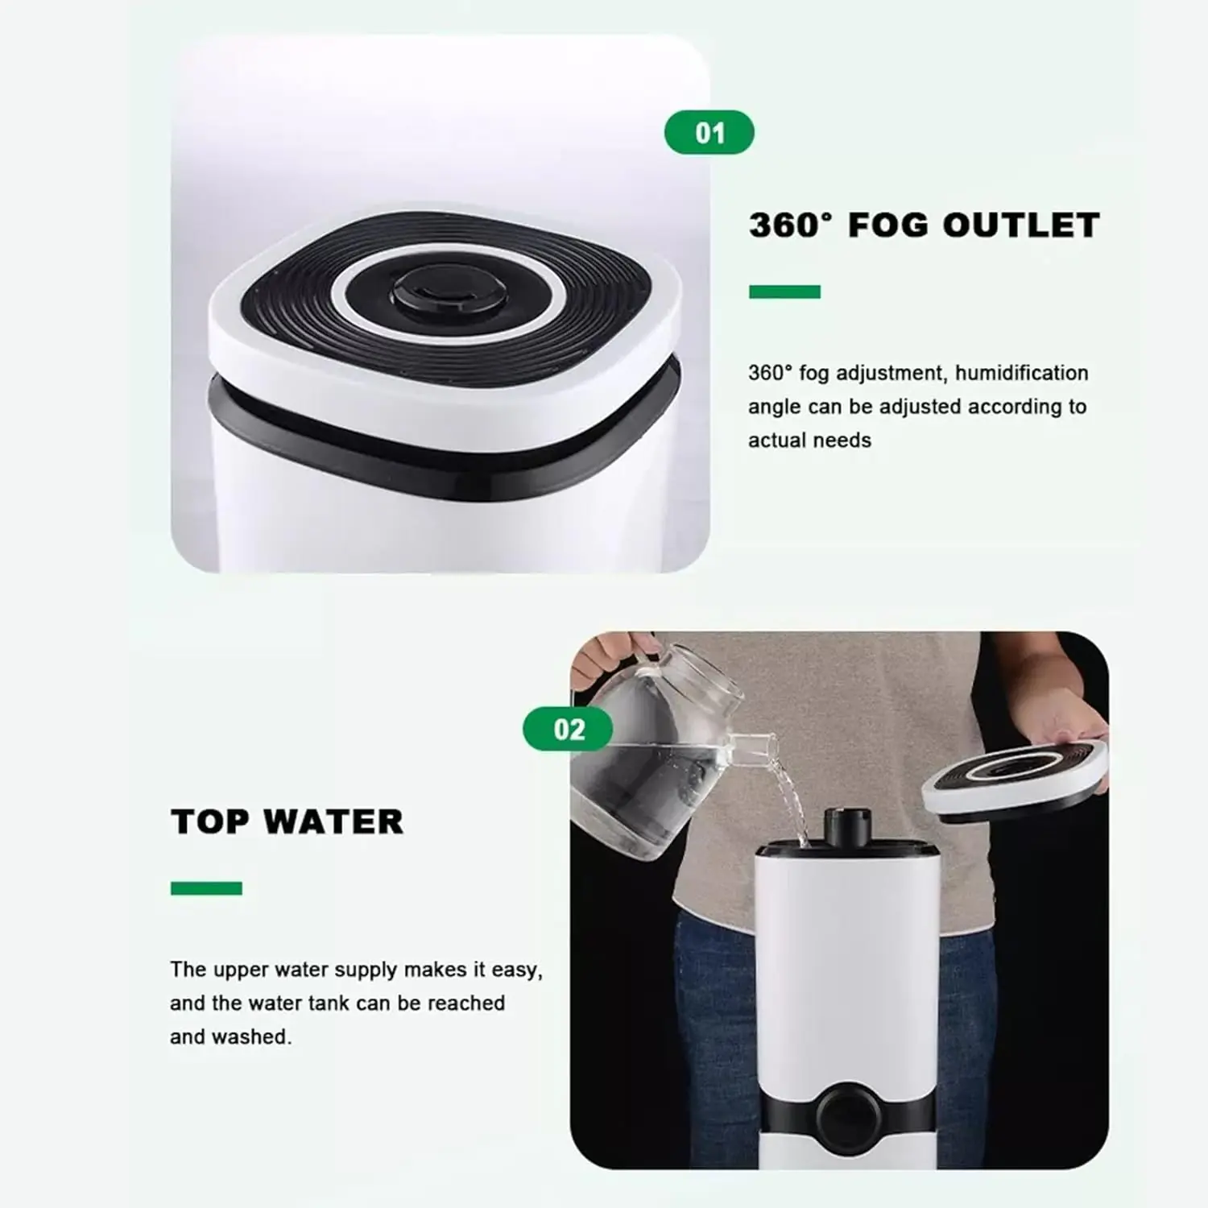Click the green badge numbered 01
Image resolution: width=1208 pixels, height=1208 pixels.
[709, 133]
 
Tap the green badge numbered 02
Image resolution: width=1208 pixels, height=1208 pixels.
[569, 730]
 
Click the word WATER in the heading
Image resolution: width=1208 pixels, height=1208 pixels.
[333, 822]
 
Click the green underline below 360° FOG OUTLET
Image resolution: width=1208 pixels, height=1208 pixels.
[784, 292]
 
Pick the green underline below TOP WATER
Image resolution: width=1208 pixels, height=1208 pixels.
[206, 888]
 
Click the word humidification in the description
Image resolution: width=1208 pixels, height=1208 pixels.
[1022, 373]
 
